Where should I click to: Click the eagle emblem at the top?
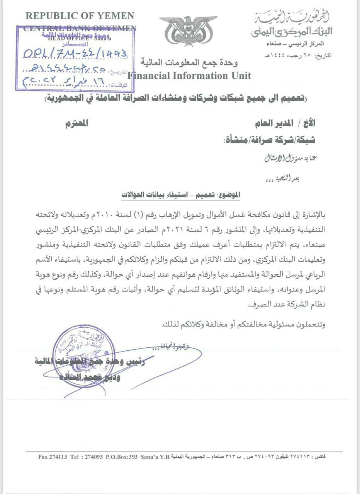pyautogui.click(x=188, y=30)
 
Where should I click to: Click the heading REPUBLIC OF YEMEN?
pyautogui.click(x=80, y=16)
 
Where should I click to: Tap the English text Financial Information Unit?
pyautogui.click(x=189, y=75)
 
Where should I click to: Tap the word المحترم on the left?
pyautogui.click(x=76, y=123)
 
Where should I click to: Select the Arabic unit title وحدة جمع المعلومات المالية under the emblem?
pyautogui.click(x=189, y=62)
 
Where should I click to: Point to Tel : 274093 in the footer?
pyautogui.click(x=87, y=457)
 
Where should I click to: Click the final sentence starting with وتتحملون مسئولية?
pyautogui.click(x=243, y=325)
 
